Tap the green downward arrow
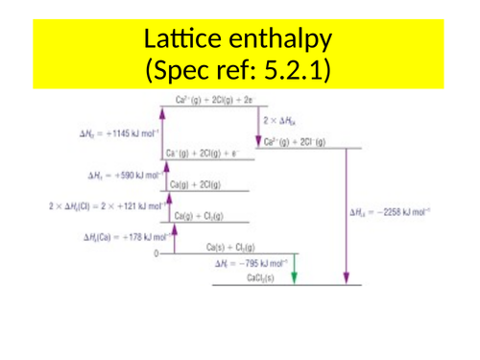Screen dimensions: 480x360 tap(294, 268)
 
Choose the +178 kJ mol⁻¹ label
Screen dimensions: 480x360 tap(120, 236)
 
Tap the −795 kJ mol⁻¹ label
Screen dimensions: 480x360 tap(248, 262)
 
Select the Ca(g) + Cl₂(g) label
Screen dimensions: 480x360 tap(199, 216)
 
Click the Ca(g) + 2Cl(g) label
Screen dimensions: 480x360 tap(198, 184)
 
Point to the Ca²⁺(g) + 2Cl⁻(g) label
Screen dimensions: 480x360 tap(294, 143)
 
